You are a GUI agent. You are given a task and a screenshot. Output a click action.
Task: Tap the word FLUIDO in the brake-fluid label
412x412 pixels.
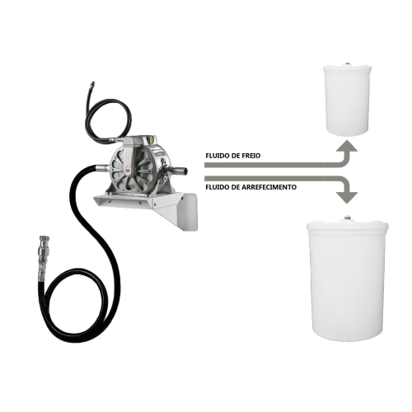tap(217, 155)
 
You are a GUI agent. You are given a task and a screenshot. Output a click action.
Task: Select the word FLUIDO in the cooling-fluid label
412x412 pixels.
tap(216, 187)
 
